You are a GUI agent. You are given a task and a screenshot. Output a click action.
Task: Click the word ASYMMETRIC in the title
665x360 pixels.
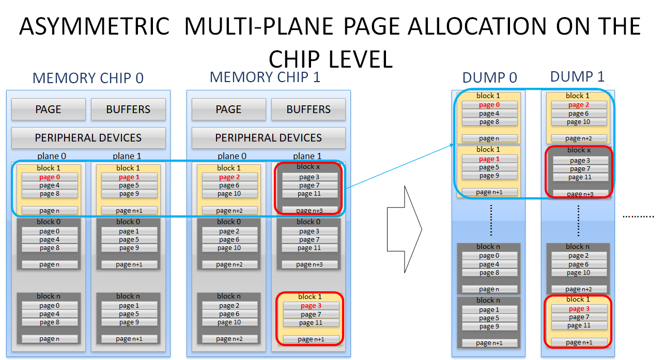coord(95,26)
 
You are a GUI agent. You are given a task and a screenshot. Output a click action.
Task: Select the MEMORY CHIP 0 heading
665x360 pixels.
coord(88,78)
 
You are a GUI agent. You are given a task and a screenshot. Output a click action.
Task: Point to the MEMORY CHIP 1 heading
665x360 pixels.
coord(265,77)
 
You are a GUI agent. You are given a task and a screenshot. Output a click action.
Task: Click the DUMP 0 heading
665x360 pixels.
coord(490,77)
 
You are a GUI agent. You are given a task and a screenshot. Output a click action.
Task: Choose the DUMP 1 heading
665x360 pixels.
coord(577,76)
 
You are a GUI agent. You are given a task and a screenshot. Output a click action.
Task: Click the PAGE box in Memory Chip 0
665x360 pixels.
coord(48,109)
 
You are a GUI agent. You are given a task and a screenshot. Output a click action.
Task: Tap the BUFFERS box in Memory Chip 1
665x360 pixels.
coord(308,109)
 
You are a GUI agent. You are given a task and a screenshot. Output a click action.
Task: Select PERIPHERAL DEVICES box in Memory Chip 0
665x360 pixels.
coord(88,138)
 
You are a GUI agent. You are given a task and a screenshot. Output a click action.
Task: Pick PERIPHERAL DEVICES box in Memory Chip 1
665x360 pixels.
coord(269,138)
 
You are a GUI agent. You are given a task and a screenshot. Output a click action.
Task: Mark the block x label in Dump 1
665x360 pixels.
coord(579,150)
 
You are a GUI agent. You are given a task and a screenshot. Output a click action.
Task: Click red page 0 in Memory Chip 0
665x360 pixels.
coord(50,177)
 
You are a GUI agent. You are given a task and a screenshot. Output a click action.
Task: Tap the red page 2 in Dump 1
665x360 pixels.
coord(579,105)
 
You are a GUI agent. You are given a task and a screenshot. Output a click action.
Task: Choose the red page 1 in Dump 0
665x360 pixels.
coord(489,159)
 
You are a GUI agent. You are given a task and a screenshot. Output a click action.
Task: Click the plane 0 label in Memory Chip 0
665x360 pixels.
coord(52,156)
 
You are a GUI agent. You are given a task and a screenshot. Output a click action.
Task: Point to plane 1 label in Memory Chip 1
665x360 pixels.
coord(307,156)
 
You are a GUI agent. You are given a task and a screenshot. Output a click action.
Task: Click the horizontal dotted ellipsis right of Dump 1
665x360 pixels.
coord(638,216)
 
